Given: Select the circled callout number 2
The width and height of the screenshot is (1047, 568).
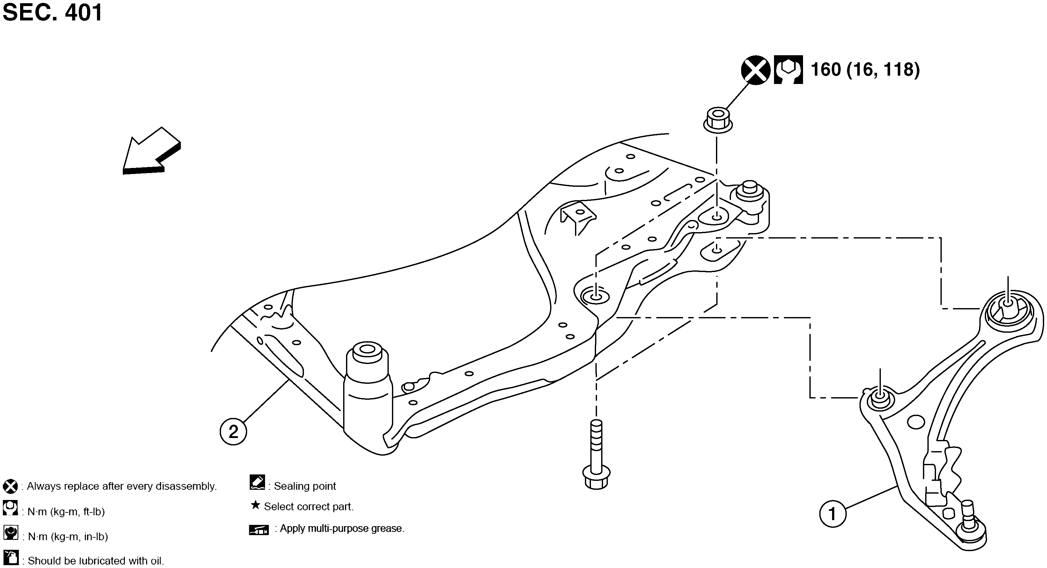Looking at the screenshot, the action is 233,432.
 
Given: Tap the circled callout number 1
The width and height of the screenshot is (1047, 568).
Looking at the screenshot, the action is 833,514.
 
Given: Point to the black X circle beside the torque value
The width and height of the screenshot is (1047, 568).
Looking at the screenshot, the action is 756,70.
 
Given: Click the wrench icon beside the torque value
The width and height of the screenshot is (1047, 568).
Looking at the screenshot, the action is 788,70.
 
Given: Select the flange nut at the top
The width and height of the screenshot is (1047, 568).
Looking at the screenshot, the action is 718,120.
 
